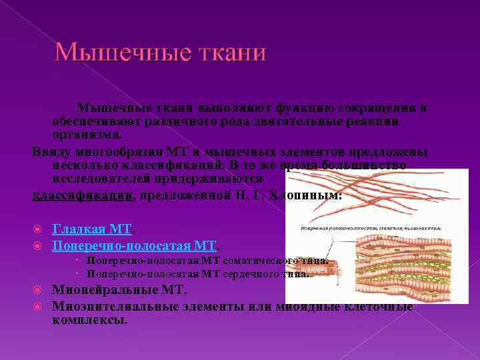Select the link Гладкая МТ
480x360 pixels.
91,229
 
